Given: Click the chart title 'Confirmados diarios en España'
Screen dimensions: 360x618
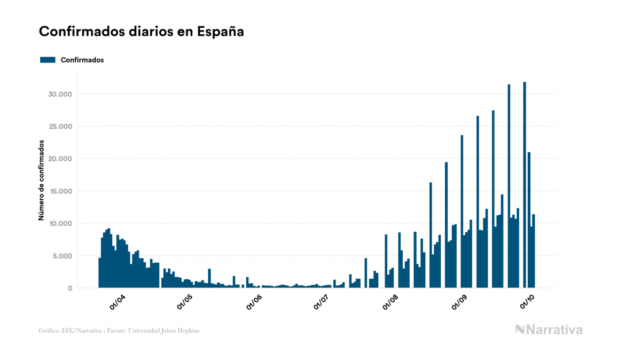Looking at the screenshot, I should click(142, 32).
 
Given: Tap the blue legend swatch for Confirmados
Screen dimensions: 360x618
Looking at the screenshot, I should click(48, 60).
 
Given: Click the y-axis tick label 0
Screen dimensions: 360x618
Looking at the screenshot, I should click(70, 288).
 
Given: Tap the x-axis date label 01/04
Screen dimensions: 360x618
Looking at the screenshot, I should click(118, 302).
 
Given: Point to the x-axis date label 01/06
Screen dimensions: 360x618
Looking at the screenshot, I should click(254, 302).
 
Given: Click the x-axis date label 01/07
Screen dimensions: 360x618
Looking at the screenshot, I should click(322, 302).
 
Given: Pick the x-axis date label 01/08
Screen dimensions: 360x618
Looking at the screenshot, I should click(391, 302).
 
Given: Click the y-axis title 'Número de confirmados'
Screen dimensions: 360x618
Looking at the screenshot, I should click(41, 181).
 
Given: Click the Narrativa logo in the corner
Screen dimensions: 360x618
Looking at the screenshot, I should click(549, 330).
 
